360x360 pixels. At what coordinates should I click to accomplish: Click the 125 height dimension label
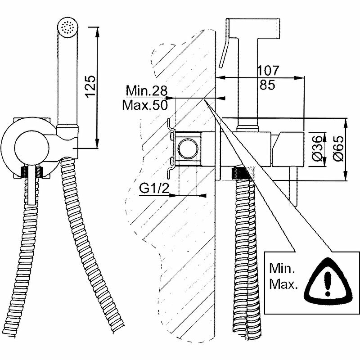(x=90, y=85)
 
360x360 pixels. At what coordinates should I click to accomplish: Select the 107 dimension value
(x=269, y=71)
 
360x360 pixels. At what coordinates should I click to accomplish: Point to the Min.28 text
(x=145, y=91)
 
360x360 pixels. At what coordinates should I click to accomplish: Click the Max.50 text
(x=145, y=105)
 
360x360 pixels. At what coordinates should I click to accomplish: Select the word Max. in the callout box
(x=283, y=285)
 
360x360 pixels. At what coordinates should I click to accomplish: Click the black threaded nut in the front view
(x=31, y=171)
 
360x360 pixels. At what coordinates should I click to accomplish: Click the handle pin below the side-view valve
(x=297, y=189)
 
